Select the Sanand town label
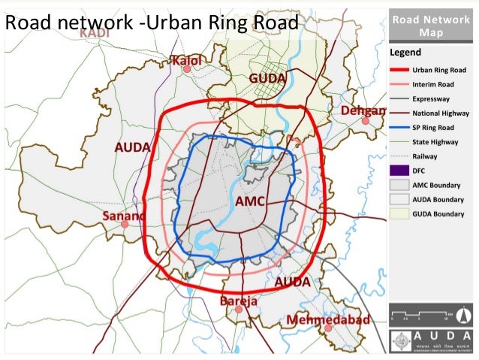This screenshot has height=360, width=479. pos(122,216)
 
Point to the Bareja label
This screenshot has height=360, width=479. pos(239,301)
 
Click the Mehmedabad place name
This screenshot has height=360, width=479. pos(328,320)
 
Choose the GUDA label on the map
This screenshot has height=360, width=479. pos(268,78)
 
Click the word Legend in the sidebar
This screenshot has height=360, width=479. pos(405,53)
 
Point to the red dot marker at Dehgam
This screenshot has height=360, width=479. pos(365,120)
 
